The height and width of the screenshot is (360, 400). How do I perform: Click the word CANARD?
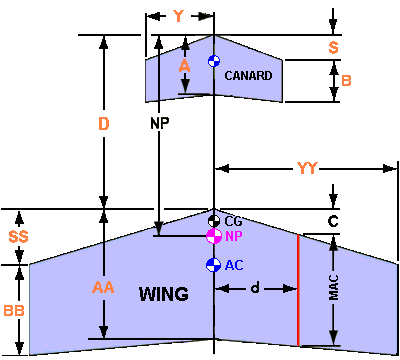[248, 75]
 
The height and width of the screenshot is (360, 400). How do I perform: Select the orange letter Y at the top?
[178, 16]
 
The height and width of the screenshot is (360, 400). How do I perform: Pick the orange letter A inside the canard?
[183, 65]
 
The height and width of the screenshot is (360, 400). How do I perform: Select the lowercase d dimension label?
[255, 288]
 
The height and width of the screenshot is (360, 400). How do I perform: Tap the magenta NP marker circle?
[213, 236]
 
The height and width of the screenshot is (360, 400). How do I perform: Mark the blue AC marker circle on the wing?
[212, 265]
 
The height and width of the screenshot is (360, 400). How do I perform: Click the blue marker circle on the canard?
[213, 62]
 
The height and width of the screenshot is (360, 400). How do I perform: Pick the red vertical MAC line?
[298, 290]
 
